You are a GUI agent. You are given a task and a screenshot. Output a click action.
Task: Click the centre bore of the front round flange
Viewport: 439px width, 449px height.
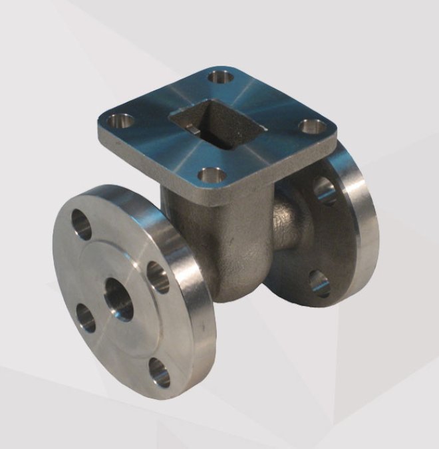click(118, 298)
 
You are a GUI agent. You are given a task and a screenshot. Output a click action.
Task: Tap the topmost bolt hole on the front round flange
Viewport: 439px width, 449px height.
click(82, 224)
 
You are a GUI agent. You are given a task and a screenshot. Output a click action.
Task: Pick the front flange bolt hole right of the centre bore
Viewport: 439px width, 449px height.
click(158, 277)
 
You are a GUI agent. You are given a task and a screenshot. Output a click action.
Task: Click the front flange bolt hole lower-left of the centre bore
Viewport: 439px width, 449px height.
click(85, 317)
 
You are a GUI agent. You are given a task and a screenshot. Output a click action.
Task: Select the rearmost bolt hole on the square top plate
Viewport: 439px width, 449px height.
click(221, 76)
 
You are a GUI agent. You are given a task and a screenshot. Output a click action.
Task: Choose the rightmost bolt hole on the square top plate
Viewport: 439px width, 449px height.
click(312, 126)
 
